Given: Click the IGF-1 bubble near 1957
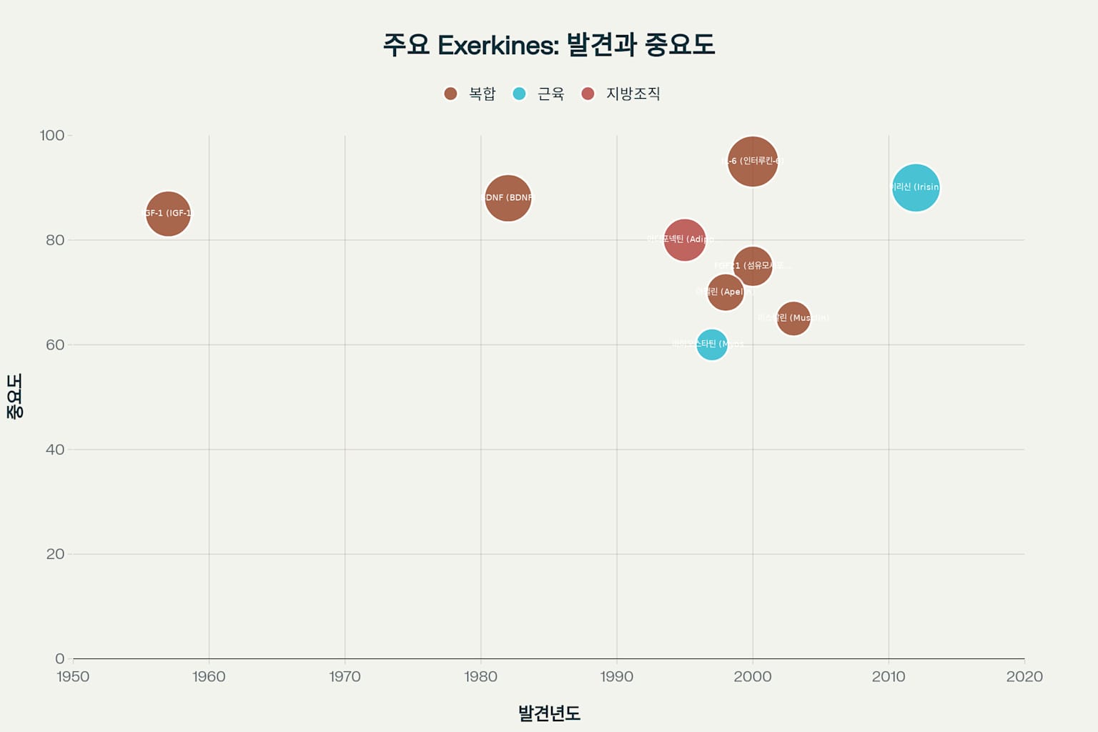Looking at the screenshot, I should [168, 213].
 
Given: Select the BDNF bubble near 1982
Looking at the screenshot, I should [508, 197].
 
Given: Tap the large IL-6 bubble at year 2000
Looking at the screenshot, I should [753, 161].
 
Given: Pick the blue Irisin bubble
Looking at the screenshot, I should [916, 187].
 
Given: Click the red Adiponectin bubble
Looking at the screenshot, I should [684, 239].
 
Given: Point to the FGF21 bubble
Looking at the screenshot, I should [753, 266].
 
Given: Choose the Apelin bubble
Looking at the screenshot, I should [725, 292].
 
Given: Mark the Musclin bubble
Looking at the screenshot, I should [793, 318].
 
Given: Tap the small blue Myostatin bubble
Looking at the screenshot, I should [712, 345].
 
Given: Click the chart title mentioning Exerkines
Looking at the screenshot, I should [549, 44].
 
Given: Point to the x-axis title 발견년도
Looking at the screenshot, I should [549, 713].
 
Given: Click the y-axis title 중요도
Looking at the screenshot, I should [14, 396].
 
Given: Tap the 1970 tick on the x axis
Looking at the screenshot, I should [345, 676].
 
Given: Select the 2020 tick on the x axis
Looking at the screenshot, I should [1024, 676].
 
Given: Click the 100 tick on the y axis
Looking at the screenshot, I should [52, 135].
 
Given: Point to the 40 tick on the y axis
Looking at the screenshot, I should [55, 450].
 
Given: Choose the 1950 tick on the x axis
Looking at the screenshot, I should [73, 676].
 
